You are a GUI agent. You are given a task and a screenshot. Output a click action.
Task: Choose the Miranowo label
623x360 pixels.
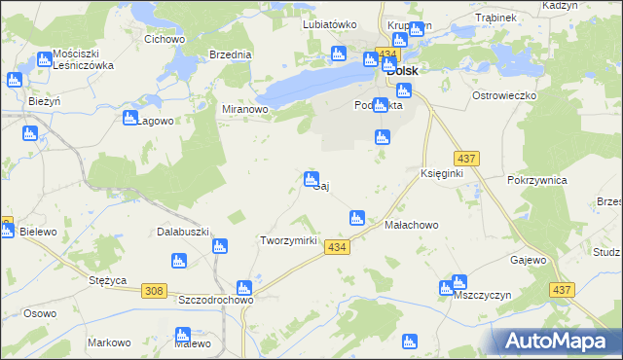coord(245,110)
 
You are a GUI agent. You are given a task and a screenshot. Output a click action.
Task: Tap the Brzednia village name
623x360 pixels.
coord(230,55)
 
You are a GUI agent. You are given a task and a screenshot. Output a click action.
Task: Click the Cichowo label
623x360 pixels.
coord(165,40)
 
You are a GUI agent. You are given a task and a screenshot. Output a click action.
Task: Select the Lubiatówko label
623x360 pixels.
coord(330,24)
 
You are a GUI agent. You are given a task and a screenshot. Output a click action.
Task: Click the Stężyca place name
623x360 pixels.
coord(108,280)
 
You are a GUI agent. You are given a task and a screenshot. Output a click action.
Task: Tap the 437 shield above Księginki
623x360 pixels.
coord(464,158)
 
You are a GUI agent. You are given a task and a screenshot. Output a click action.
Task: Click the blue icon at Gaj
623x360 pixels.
coord(311,178)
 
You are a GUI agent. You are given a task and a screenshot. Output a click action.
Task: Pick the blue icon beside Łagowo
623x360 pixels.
coord(130,118)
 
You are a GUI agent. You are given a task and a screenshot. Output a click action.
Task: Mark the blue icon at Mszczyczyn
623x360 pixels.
coord(447,287)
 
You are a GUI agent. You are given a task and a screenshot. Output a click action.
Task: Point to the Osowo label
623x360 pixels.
coord(41,313)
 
